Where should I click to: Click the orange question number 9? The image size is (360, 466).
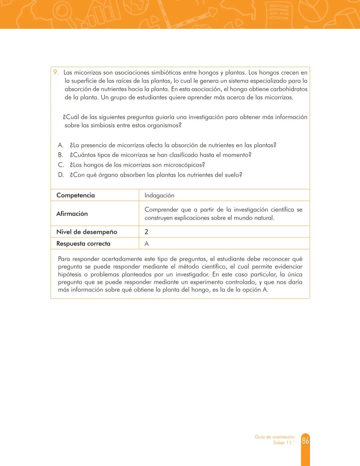tap(56, 72)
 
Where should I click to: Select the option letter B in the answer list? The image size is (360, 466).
tap(60, 155)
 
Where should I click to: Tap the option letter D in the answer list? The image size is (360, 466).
tap(61, 175)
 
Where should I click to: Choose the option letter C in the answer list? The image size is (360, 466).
tap(61, 165)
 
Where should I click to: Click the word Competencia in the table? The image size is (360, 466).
tap(75, 195)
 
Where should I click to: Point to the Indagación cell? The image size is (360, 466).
tap(159, 195)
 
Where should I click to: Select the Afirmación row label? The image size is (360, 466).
tap(72, 213)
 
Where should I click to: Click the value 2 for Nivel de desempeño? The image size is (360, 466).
tap(146, 232)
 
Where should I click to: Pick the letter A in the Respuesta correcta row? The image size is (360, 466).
tap(146, 244)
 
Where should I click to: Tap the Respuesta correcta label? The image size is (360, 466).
tap(83, 244)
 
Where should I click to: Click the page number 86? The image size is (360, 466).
tap(305, 441)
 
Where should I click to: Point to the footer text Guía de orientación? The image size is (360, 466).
tap(274, 437)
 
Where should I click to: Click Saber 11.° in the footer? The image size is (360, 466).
tap(284, 443)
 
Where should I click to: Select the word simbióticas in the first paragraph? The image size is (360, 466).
tap(166, 72)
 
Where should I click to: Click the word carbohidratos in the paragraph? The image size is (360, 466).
tap(289, 89)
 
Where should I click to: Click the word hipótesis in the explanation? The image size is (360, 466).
tap(69, 274)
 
